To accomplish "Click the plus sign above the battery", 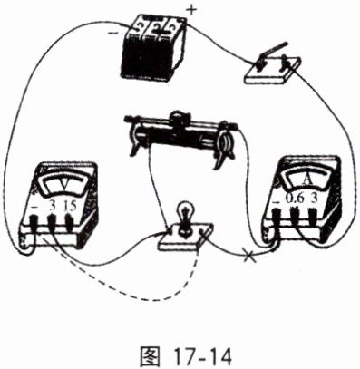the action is (x=191, y=10).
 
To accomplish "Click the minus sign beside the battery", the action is (x=113, y=33).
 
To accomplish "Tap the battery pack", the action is (x=153, y=47).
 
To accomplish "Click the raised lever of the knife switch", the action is (x=274, y=49).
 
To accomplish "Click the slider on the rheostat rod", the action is (x=179, y=119).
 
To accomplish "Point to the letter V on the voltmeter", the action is (x=64, y=185).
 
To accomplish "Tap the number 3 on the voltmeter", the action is (x=53, y=207).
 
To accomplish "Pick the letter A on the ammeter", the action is (x=306, y=180).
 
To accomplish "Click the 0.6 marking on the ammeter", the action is (x=293, y=199).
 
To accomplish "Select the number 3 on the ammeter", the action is (x=314, y=199).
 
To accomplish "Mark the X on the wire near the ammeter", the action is (x=249, y=257).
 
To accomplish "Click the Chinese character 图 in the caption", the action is (x=150, y=356).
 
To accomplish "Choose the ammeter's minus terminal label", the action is (x=277, y=200).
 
